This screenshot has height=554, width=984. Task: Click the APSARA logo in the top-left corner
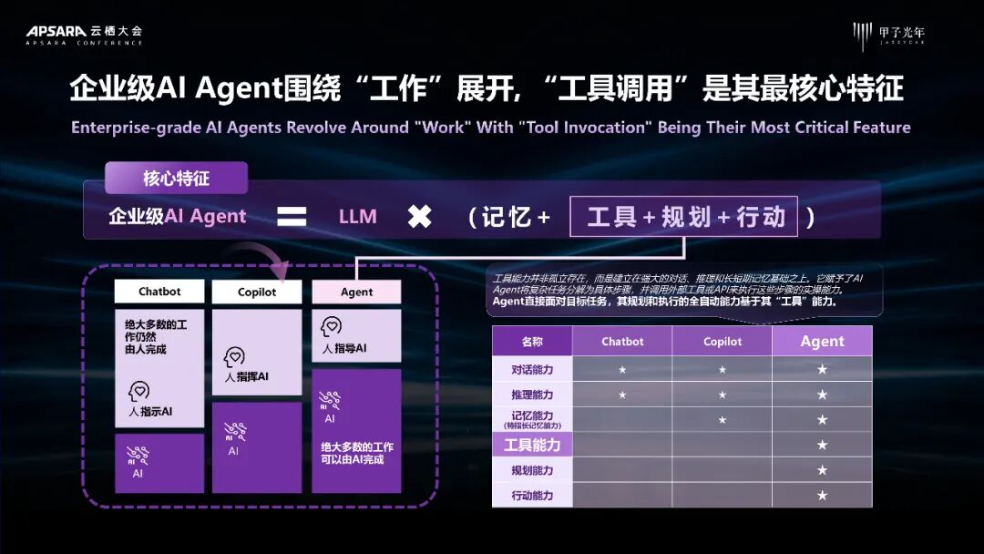click(x=84, y=34)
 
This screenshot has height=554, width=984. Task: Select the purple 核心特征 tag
click(x=176, y=178)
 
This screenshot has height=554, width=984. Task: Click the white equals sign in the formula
click(x=292, y=217)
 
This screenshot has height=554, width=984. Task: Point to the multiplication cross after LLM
click(x=419, y=217)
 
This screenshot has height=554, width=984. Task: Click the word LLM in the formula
click(x=357, y=217)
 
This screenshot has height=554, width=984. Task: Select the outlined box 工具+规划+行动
click(x=683, y=217)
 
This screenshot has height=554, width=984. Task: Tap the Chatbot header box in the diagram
click(x=159, y=292)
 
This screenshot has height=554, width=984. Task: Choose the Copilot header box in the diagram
click(x=257, y=292)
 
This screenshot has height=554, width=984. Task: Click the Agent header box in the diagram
click(x=356, y=292)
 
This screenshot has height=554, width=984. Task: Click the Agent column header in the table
click(x=822, y=342)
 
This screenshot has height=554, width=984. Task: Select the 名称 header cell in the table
click(x=532, y=342)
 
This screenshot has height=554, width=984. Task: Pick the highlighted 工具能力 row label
click(x=532, y=445)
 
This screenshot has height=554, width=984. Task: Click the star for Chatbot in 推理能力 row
click(x=622, y=395)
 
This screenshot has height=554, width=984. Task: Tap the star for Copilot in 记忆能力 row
click(x=723, y=420)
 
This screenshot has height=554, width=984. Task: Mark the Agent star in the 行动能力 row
click(x=822, y=496)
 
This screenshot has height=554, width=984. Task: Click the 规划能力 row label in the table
click(x=532, y=470)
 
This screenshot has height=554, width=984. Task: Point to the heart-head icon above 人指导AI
click(x=332, y=326)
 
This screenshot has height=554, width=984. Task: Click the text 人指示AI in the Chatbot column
click(x=150, y=412)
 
